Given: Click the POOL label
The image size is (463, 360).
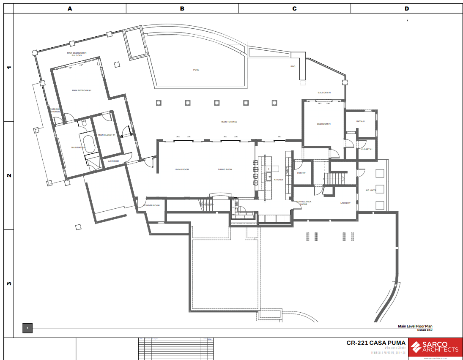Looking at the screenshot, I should pos(196,70).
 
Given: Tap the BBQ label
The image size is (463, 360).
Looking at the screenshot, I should pos(293,66).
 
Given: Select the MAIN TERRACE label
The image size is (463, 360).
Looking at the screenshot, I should pos(229,122).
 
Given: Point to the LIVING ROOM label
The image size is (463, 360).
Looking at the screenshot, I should pos(182,169).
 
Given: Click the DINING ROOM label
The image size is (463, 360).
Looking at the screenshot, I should pos(225,169).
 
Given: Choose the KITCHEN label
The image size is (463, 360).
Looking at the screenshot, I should pos(278,180).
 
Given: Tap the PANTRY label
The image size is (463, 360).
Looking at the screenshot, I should pos(301,173).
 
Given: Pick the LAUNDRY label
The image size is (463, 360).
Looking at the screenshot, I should pos(345,203).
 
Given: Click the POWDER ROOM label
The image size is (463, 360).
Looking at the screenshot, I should pos(151,205).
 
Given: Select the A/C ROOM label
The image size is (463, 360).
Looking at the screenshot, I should pos(113,161).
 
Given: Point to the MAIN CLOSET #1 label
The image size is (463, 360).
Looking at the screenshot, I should pos(106,135).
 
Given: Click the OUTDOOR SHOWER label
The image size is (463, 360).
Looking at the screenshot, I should pos(55,110).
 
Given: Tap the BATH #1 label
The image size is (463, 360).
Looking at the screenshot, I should pos(360,121).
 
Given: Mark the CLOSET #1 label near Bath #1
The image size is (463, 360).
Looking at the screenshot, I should pos(367,149).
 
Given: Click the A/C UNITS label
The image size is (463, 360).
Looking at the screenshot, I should pos(371,190).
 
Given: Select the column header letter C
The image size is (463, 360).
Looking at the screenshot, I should pos(294,8).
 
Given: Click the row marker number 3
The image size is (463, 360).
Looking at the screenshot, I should pos(8,284).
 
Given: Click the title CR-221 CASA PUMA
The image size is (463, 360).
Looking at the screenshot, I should pos(376,343).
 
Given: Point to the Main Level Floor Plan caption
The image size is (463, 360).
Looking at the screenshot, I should pos(415,326).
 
